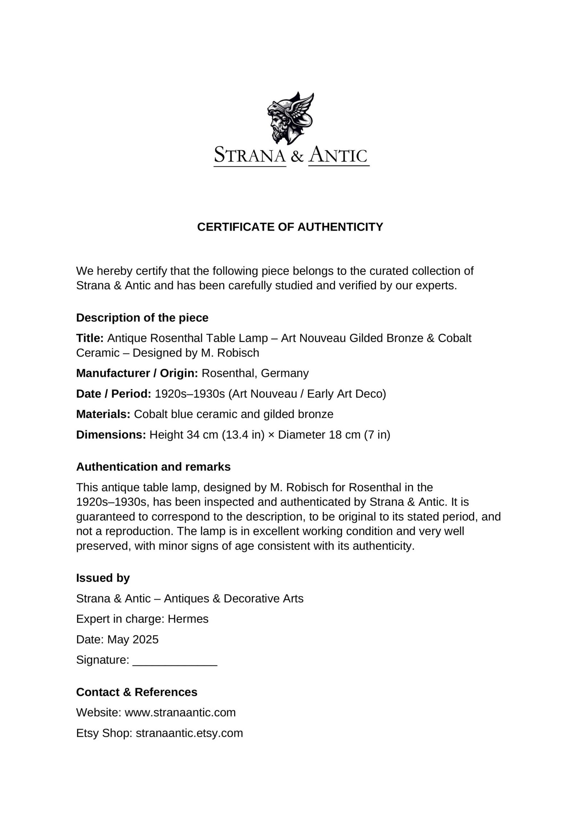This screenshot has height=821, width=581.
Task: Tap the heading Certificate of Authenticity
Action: pyautogui.click(x=290, y=227)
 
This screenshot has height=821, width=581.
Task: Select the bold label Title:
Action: pyautogui.click(x=90, y=338)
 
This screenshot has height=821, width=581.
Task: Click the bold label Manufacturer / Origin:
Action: pyautogui.click(x=137, y=373)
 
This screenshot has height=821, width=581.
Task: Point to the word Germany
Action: pyautogui.click(x=285, y=373)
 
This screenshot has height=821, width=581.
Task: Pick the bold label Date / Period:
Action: pyautogui.click(x=113, y=393)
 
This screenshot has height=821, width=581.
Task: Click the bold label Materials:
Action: pyautogui.click(x=103, y=414)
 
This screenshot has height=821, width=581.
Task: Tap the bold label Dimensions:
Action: pyautogui.click(x=111, y=435)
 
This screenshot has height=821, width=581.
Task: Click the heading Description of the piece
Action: pyautogui.click(x=142, y=318)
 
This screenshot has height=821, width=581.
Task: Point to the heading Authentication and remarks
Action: pyautogui.click(x=153, y=467)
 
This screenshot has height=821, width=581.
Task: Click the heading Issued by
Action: pyautogui.click(x=103, y=578)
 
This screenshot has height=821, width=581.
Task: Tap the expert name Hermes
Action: pyautogui.click(x=188, y=619)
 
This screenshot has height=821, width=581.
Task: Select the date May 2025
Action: pyautogui.click(x=133, y=639)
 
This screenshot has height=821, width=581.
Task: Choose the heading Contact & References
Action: pyautogui.click(x=137, y=692)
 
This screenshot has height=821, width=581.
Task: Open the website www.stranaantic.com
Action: pyautogui.click(x=180, y=712)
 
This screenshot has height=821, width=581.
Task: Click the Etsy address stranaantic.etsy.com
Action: pyautogui.click(x=189, y=733)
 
